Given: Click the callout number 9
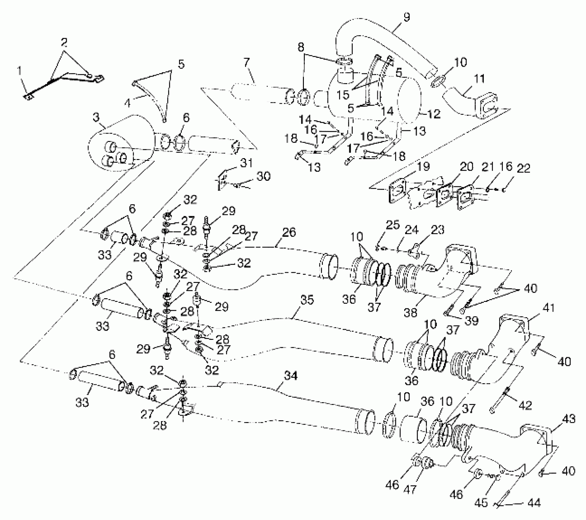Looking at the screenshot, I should [x=406, y=17].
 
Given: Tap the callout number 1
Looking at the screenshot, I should [x=20, y=72].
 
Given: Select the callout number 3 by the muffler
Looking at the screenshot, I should [x=96, y=117].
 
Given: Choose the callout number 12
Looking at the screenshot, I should [x=433, y=114].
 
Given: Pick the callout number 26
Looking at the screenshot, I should [x=289, y=232].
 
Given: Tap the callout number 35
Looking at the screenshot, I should [x=307, y=299].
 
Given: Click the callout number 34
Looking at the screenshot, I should [x=290, y=376].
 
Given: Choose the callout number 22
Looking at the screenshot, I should [x=524, y=169].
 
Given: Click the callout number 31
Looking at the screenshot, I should [x=246, y=163].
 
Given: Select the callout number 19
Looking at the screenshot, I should [x=423, y=167].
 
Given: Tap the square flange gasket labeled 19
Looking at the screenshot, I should [x=398, y=191].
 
